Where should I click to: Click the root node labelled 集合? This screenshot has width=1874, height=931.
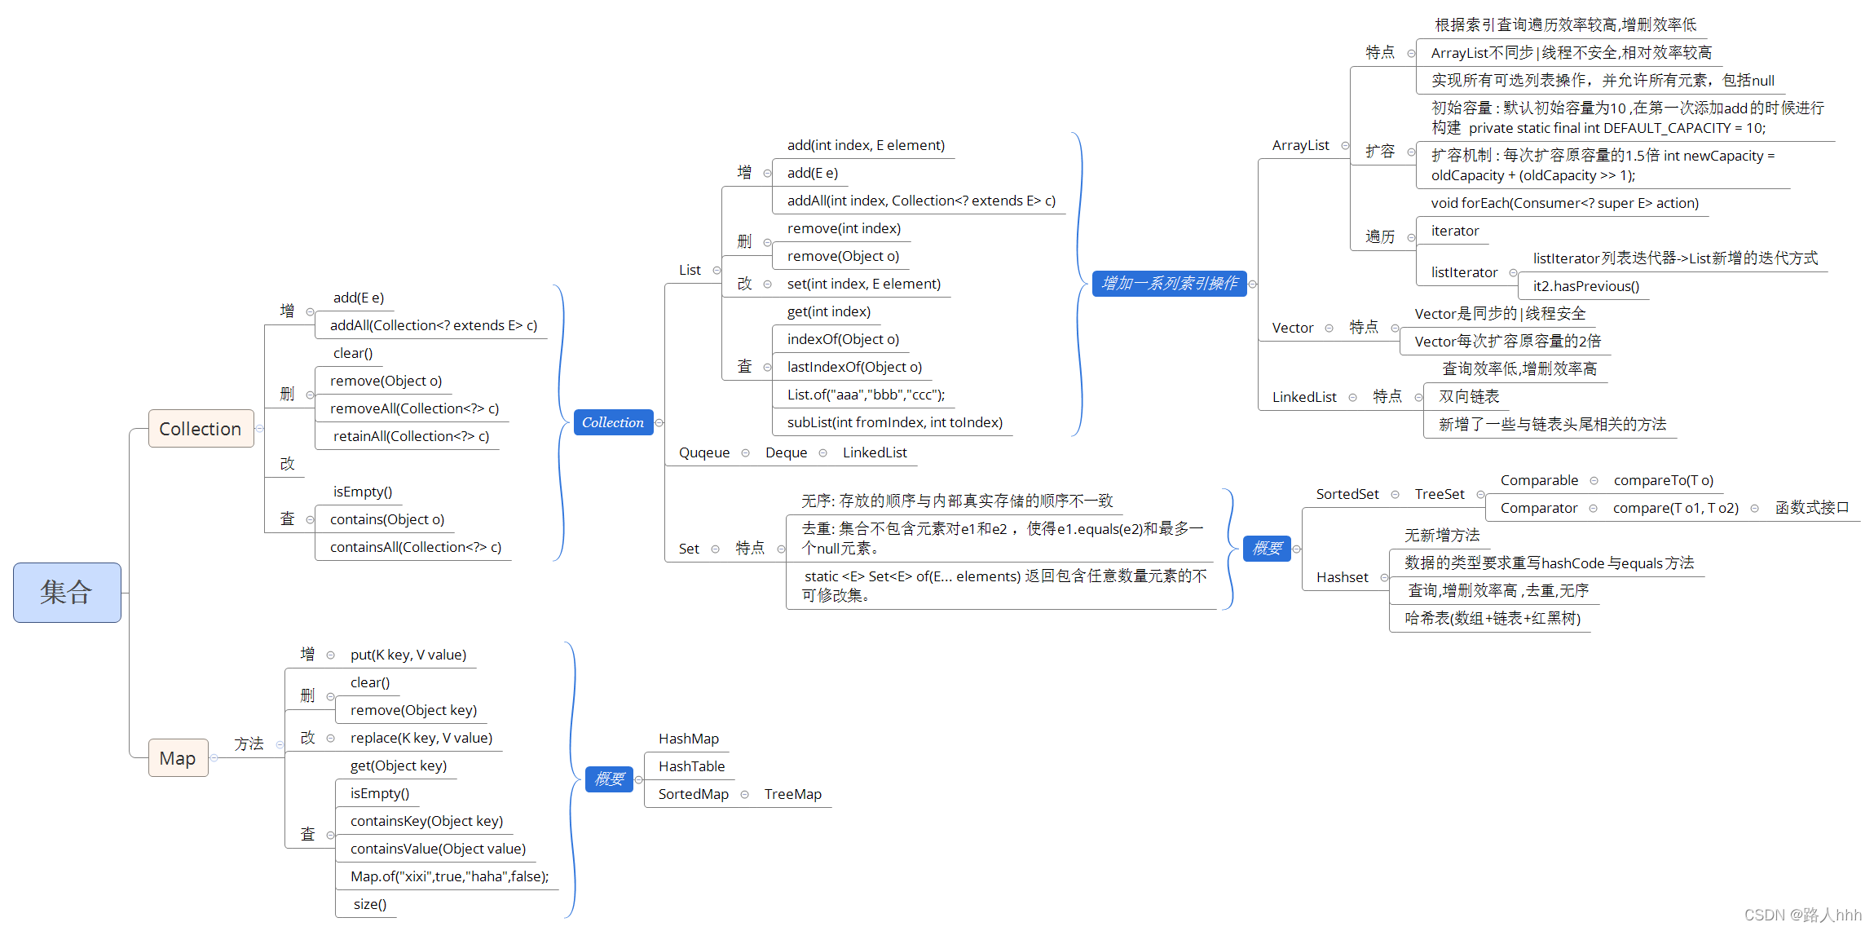click(67, 592)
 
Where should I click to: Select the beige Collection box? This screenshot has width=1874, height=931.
click(201, 429)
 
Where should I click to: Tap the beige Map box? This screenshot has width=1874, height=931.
click(178, 758)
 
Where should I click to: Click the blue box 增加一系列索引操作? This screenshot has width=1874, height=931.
click(1169, 284)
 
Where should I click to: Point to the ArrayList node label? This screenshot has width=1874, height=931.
click(1300, 145)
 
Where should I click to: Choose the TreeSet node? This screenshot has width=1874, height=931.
click(1439, 494)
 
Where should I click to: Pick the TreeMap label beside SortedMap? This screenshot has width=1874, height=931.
click(792, 794)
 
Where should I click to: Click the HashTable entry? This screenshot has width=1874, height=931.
click(691, 766)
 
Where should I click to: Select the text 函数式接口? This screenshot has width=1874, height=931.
click(1811, 508)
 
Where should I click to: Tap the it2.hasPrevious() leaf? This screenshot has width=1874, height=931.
click(1585, 286)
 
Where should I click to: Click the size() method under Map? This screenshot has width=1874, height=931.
click(370, 904)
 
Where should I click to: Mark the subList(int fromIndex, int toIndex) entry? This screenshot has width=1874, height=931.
click(894, 422)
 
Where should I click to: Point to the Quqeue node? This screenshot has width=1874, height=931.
click(704, 452)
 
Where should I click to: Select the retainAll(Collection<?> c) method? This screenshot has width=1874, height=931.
click(411, 436)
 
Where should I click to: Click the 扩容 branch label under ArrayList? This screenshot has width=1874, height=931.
click(1380, 152)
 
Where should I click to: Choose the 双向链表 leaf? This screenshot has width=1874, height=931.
click(1469, 397)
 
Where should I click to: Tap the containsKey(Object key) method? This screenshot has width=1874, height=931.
click(426, 821)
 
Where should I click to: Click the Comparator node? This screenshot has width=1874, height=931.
click(1538, 508)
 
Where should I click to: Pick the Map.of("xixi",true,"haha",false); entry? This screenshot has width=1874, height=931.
click(449, 876)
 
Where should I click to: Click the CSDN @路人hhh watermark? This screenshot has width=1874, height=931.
click(1802, 915)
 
